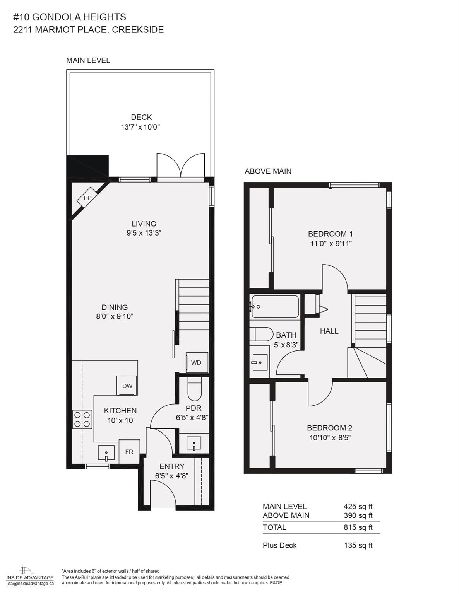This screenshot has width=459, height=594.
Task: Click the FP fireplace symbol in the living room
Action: (x=87, y=198)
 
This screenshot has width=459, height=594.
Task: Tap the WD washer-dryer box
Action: (x=197, y=362)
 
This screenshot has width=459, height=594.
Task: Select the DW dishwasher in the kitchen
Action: (x=127, y=385)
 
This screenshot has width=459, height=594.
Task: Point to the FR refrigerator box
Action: (x=129, y=451)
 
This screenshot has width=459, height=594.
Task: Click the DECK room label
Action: (x=141, y=117)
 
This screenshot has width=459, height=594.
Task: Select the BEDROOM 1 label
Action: (x=330, y=234)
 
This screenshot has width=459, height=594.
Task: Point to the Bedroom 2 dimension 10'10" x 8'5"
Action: (x=330, y=438)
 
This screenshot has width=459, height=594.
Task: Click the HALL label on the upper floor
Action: (x=329, y=331)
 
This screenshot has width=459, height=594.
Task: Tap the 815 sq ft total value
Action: (x=358, y=527)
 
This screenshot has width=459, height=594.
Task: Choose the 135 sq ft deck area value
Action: (x=358, y=545)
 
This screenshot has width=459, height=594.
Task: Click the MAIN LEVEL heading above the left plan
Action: (x=88, y=60)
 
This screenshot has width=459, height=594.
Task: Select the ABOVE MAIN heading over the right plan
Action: (x=268, y=171)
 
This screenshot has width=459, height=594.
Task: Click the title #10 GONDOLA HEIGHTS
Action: (x=70, y=17)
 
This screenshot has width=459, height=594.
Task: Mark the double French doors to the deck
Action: (x=180, y=166)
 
